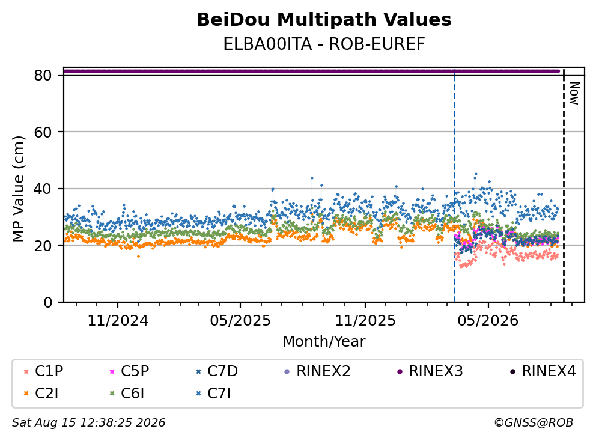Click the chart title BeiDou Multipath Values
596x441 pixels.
324,20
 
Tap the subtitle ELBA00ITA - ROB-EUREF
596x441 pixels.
324,44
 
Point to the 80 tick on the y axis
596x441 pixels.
43,75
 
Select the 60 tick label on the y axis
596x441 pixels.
43,132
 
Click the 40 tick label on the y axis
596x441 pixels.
43,189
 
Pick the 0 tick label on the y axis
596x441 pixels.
47,302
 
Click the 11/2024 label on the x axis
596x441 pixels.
118,321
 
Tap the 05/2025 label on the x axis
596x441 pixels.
240,321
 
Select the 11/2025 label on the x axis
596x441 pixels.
365,321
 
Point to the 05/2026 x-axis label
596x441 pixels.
488,321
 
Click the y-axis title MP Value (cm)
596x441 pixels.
18,189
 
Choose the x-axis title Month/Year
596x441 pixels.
324,341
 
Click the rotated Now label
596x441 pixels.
574,93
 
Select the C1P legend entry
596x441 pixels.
43,371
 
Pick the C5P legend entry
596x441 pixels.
129,371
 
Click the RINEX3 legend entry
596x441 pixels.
430,371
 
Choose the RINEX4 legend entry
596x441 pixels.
543,371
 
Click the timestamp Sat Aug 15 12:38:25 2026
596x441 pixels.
88,423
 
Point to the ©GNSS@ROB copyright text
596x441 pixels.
534,423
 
